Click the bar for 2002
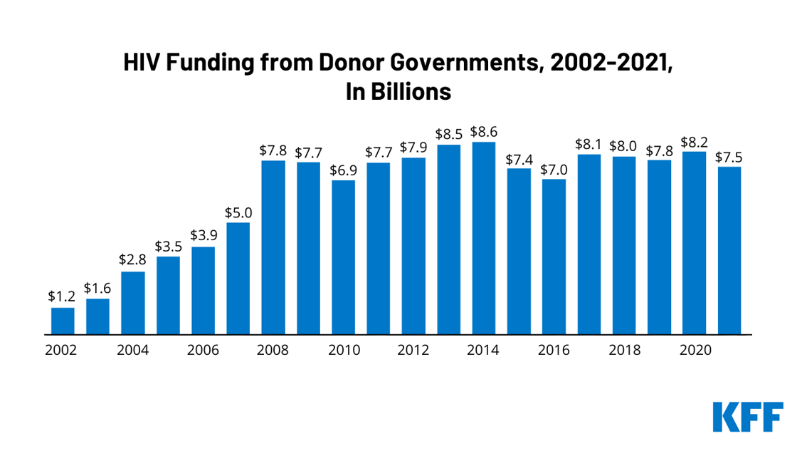click(63, 321)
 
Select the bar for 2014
click(484, 238)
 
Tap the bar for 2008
click(273, 247)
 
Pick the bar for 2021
click(729, 250)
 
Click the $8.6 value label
click(484, 132)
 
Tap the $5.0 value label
click(238, 212)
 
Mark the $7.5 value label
click(729, 157)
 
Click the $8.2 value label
click(694, 141)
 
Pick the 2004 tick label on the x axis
click(132, 351)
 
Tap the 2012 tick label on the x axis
click(413, 351)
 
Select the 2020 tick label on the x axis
click(694, 351)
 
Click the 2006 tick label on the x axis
click(203, 351)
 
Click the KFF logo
click(748, 417)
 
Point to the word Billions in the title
click(412, 93)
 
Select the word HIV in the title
click(142, 63)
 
